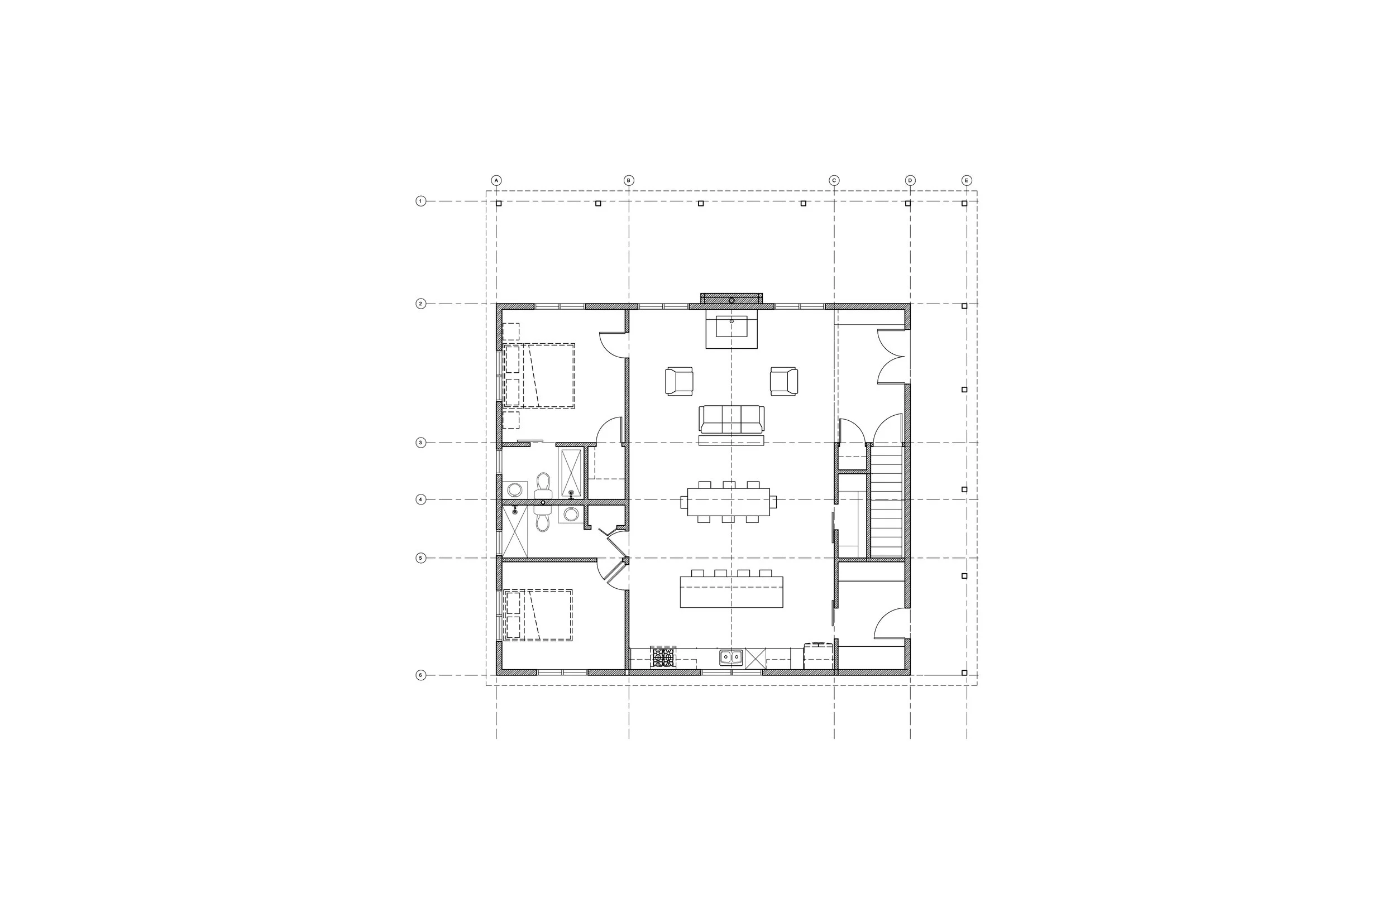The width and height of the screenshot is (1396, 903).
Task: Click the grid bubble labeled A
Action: point(496,181)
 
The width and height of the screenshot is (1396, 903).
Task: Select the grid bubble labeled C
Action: point(834,181)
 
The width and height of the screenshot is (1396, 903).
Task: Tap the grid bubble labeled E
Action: point(967,181)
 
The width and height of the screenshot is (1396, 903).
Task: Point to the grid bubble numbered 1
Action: point(420,201)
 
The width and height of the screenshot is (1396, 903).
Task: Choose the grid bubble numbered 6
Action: point(420,675)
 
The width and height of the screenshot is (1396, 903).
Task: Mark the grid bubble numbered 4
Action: point(420,499)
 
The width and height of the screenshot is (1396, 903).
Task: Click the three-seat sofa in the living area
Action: point(732,420)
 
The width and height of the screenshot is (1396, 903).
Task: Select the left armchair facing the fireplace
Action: point(679,381)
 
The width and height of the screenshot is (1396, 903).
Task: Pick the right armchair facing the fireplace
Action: point(783,381)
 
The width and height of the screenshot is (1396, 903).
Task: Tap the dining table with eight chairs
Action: point(729,502)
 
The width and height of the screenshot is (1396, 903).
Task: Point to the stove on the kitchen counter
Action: point(663,657)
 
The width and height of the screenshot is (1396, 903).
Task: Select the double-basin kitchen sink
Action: point(732,658)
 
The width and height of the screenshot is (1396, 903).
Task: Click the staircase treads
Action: point(886,502)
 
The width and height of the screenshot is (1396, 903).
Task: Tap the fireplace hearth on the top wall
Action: point(732,299)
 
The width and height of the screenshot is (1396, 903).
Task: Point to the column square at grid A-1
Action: point(499,204)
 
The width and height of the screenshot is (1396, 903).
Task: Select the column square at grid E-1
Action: point(964,204)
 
